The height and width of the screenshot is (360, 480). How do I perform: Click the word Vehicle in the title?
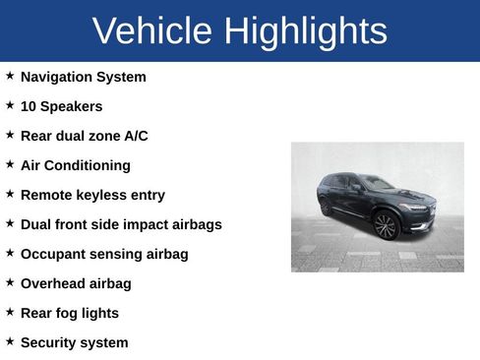(152, 31)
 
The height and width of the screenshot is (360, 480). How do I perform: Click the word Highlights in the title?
(305, 31)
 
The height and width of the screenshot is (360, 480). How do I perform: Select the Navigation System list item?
(83, 77)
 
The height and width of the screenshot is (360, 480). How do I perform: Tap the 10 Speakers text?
(61, 106)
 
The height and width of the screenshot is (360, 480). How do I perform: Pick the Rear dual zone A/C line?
(84, 136)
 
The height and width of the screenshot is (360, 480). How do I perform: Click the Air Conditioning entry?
(75, 165)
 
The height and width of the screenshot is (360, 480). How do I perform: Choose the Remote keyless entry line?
(92, 195)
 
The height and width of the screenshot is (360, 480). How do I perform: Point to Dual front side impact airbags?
(121, 224)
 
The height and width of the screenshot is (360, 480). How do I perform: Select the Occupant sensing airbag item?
(104, 254)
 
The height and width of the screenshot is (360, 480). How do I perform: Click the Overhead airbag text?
(76, 283)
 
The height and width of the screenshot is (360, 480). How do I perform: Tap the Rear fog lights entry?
(69, 313)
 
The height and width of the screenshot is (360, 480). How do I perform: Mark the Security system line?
(74, 342)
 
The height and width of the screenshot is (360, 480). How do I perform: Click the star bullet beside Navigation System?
(10, 75)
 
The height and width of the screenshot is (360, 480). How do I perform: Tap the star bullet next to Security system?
(10, 340)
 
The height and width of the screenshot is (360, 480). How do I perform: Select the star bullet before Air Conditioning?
(10, 163)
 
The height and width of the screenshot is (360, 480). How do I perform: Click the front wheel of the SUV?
(386, 225)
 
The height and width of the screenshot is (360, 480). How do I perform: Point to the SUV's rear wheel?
(327, 207)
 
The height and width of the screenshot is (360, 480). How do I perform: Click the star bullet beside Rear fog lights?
(10, 311)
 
